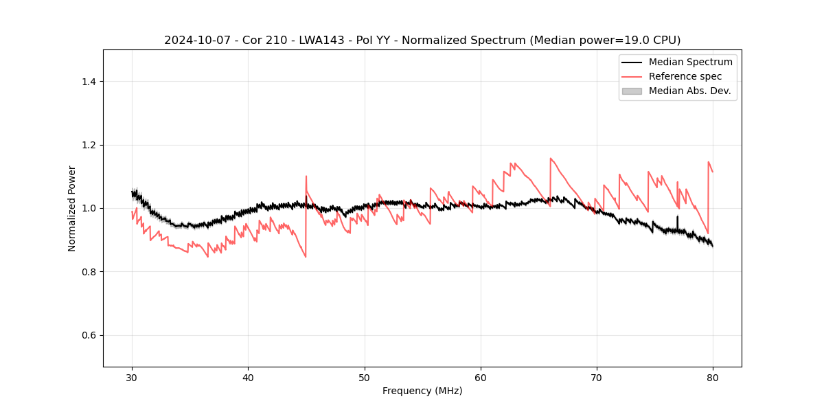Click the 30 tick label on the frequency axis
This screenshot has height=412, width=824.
(x=132, y=377)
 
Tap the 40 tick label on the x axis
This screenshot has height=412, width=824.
(x=248, y=377)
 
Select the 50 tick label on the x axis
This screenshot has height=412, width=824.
(x=364, y=377)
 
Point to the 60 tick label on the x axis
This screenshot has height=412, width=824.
(x=481, y=377)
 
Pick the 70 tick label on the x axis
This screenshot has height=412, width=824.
(x=597, y=377)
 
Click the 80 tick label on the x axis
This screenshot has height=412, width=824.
(x=713, y=377)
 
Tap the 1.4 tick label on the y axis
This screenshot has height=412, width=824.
(x=89, y=82)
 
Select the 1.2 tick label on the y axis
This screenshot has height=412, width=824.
(x=89, y=145)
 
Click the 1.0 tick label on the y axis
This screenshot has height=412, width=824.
(x=89, y=208)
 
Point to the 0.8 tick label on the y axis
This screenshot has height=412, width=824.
(x=89, y=272)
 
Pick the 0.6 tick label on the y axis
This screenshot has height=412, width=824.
(x=89, y=335)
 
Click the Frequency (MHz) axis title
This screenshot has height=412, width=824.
(x=422, y=391)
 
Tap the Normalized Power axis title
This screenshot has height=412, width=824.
(x=72, y=208)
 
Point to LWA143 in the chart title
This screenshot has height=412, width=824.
(x=325, y=41)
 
